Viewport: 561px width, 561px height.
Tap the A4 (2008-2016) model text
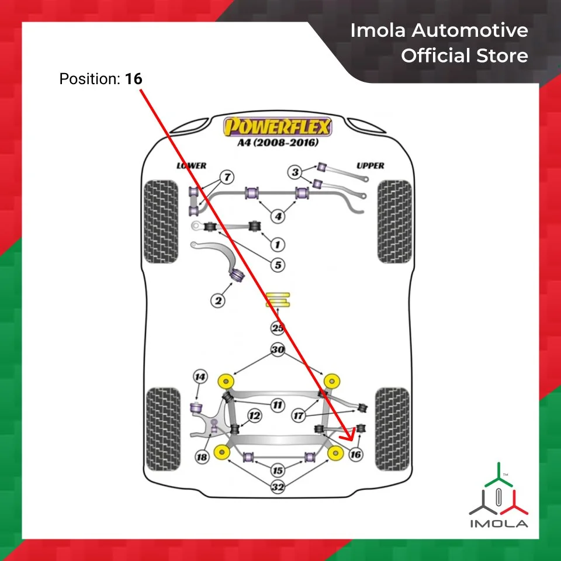[278, 143]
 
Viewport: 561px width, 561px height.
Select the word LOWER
[192, 166]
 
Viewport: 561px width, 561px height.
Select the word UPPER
[370, 166]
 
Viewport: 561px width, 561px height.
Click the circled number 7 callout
[226, 176]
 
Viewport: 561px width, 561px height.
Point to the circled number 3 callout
[296, 172]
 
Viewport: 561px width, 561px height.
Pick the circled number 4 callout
[278, 217]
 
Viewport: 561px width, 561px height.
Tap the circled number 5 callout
[278, 265]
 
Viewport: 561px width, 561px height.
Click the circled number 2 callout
[218, 301]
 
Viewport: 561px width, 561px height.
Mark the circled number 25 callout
[278, 328]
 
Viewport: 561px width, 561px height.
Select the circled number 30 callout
[278, 350]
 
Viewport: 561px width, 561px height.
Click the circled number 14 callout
[200, 377]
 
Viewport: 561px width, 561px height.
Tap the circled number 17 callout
[299, 416]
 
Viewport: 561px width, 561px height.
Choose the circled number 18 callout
[202, 456]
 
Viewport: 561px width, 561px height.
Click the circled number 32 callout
[278, 486]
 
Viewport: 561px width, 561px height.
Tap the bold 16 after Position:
[133, 78]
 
